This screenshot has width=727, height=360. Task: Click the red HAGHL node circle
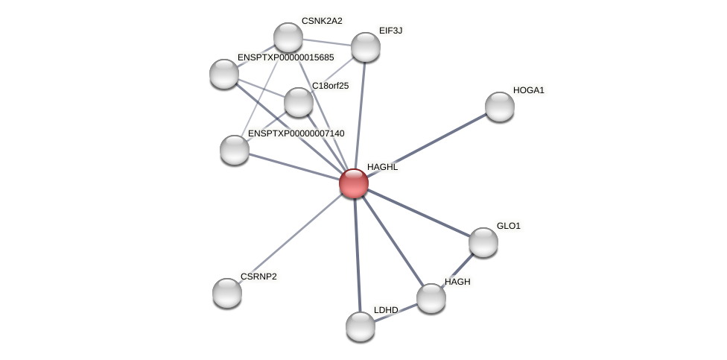pyautogui.click(x=354, y=183)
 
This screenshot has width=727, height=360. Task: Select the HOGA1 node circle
pyautogui.click(x=500, y=107)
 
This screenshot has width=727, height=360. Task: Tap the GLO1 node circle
pyautogui.click(x=483, y=242)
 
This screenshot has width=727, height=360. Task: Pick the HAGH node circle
pyautogui.click(x=431, y=298)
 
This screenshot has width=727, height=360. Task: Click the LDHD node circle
pyautogui.click(x=361, y=326)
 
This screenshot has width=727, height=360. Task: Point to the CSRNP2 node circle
pyautogui.click(x=227, y=293)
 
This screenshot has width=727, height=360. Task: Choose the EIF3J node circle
pyautogui.click(x=366, y=47)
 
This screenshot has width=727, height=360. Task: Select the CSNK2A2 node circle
pyautogui.click(x=288, y=37)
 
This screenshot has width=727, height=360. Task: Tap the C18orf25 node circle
pyautogui.click(x=299, y=102)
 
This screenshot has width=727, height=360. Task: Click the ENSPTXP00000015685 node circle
pyautogui.click(x=224, y=74)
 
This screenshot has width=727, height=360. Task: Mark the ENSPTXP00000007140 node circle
pyautogui.click(x=235, y=150)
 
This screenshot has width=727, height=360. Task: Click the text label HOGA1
pyautogui.click(x=529, y=90)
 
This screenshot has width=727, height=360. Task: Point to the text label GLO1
pyautogui.click(x=509, y=226)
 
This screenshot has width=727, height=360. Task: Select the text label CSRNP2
pyautogui.click(x=258, y=277)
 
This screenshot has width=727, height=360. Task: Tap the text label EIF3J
pyautogui.click(x=390, y=31)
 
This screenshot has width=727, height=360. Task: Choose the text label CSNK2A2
pyautogui.click(x=322, y=21)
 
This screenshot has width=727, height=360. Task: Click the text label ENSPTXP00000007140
pyautogui.click(x=296, y=133)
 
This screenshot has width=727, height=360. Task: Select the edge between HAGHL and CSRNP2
pyautogui.click(x=291, y=238)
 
